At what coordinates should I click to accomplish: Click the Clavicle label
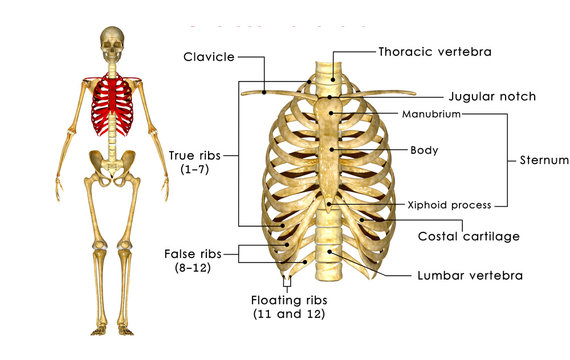[208, 57]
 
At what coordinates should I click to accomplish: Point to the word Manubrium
[431, 115]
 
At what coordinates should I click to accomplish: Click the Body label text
[424, 151]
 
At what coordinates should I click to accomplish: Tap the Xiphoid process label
[449, 205]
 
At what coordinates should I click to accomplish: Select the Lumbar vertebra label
[470, 274]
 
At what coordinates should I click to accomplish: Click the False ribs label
[192, 254]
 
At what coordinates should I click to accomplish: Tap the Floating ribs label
[290, 299]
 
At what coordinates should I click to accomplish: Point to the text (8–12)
[192, 269]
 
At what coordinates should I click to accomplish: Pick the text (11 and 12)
[290, 314]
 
